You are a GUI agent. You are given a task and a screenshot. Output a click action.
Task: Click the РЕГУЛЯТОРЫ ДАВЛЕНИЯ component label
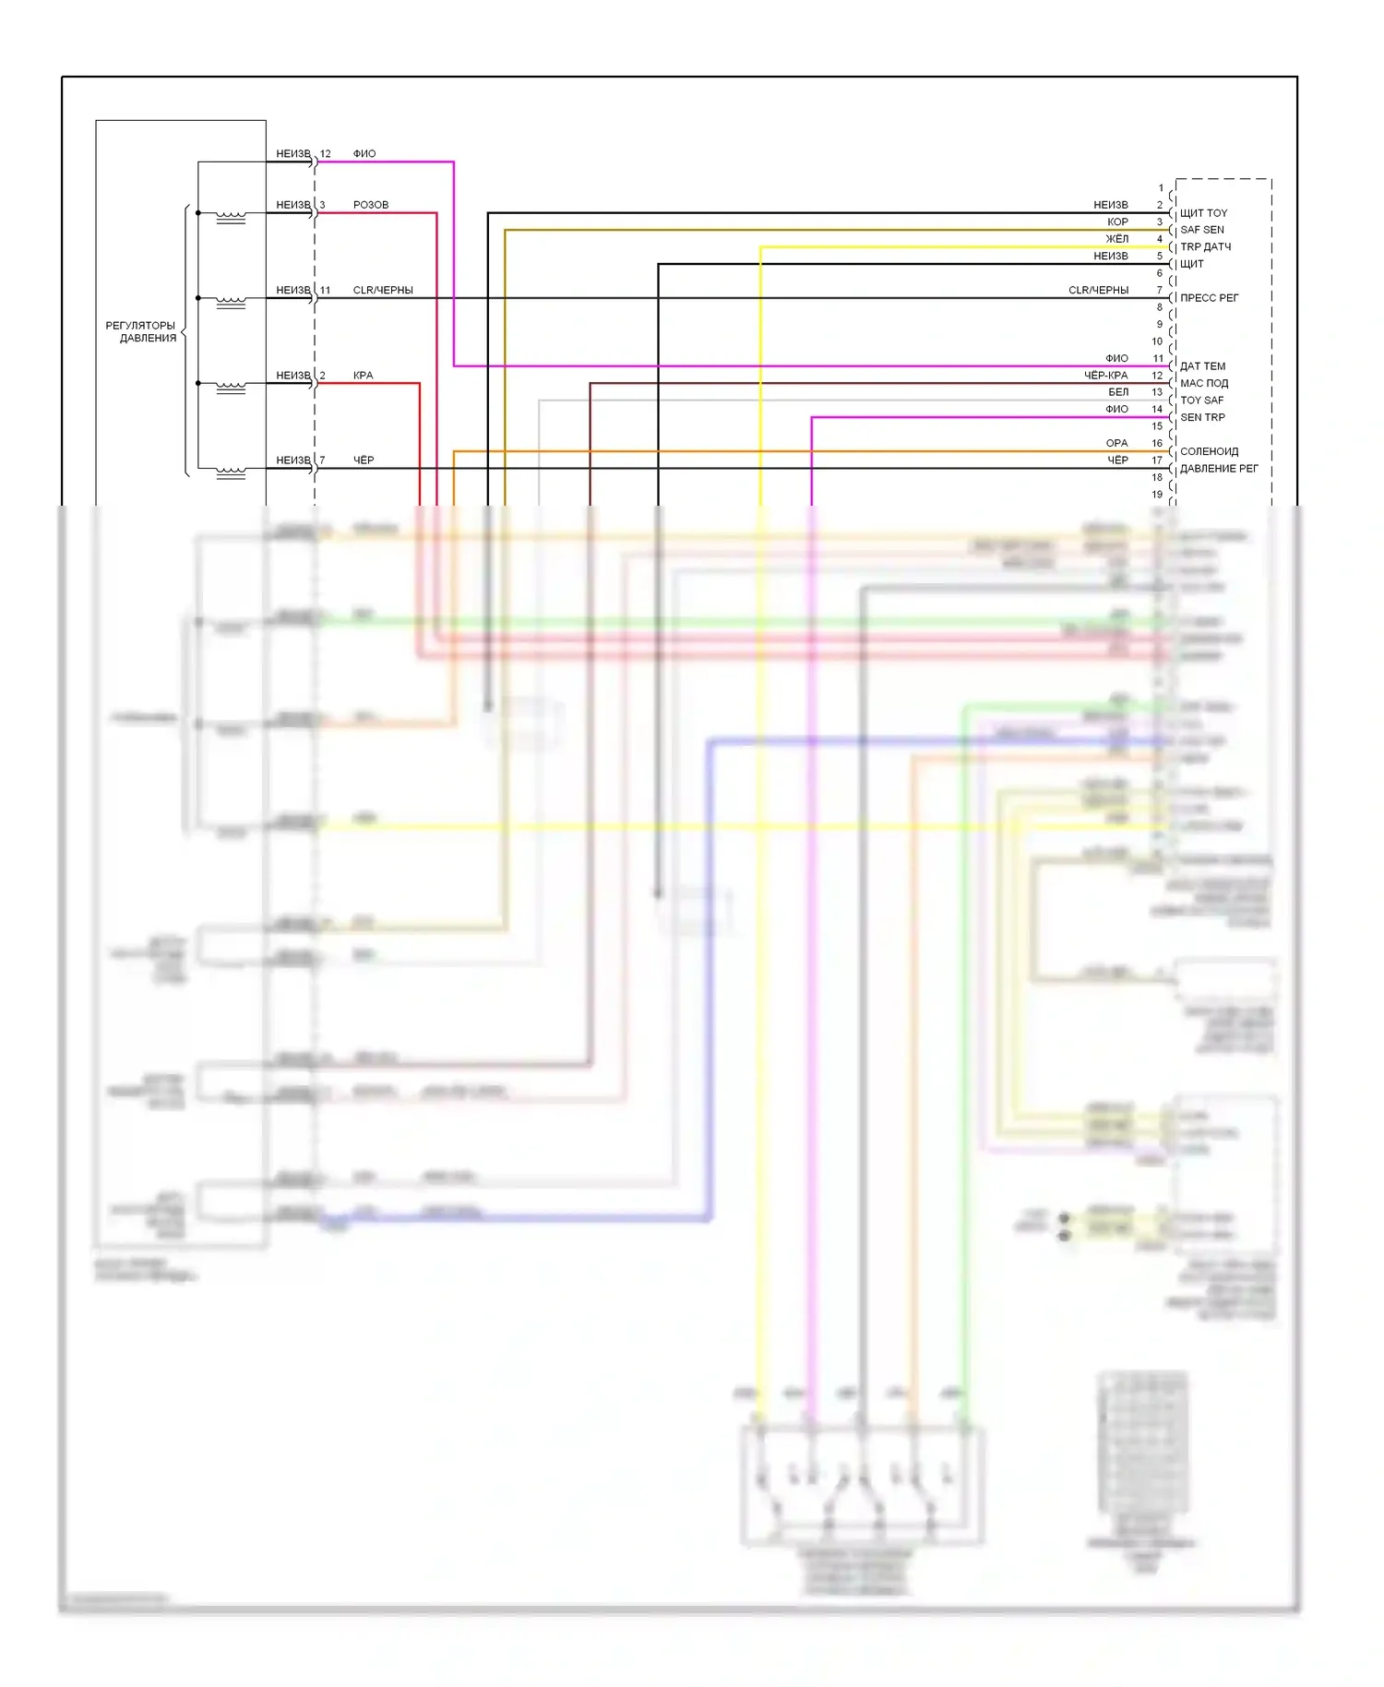coord(141,331)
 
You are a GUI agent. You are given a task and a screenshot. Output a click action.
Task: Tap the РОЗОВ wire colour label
coord(371,205)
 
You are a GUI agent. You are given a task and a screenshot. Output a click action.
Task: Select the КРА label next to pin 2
coord(363,376)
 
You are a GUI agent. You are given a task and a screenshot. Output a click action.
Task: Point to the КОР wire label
coord(1117,222)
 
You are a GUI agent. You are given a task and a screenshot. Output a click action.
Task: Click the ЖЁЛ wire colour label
coord(1116,239)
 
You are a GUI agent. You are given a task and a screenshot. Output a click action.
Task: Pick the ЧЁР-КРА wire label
coord(1105,376)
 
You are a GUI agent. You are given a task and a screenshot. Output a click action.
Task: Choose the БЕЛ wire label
coord(1118,392)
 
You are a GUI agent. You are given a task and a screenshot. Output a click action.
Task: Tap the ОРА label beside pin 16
coord(1116,444)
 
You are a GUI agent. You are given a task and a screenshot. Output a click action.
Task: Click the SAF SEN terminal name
coord(1202,230)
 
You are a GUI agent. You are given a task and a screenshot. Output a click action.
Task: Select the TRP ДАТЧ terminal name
coord(1205,247)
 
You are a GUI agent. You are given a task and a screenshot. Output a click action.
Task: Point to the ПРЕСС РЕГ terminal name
coord(1209,298)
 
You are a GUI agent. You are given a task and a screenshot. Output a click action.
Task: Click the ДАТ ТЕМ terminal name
coord(1202,366)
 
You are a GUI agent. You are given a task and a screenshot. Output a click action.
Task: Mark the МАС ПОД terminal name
coord(1204,383)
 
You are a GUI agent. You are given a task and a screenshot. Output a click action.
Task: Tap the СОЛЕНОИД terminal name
coord(1209,451)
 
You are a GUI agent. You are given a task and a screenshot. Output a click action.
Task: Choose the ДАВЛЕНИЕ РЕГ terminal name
coord(1219,469)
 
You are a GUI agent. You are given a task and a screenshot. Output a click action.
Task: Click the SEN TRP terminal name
coord(1202,417)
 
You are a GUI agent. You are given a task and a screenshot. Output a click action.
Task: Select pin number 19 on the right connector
coord(1157,495)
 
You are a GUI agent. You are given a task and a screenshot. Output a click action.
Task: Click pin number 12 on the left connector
coord(325,154)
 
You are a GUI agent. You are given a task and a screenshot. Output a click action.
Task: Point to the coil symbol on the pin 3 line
coord(231,218)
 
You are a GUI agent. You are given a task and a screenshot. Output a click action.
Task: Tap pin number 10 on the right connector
coord(1157,341)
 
